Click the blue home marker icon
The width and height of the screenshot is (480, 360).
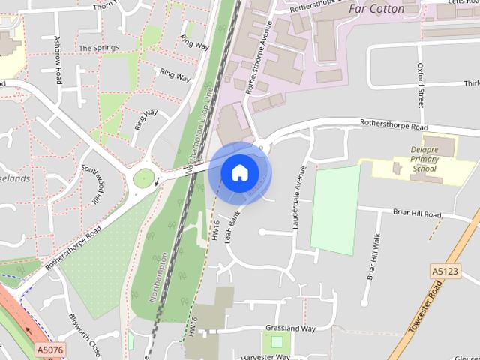tap(239, 172)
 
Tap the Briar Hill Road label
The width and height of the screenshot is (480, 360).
tap(416, 214)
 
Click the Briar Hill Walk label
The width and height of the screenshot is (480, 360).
tap(372, 257)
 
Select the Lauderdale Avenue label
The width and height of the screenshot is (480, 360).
tap(300, 188)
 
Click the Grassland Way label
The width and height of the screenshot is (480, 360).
tap(290, 328)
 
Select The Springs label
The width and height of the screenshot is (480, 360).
tap(98, 48)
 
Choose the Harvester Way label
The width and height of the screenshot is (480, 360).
tap(266, 356)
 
